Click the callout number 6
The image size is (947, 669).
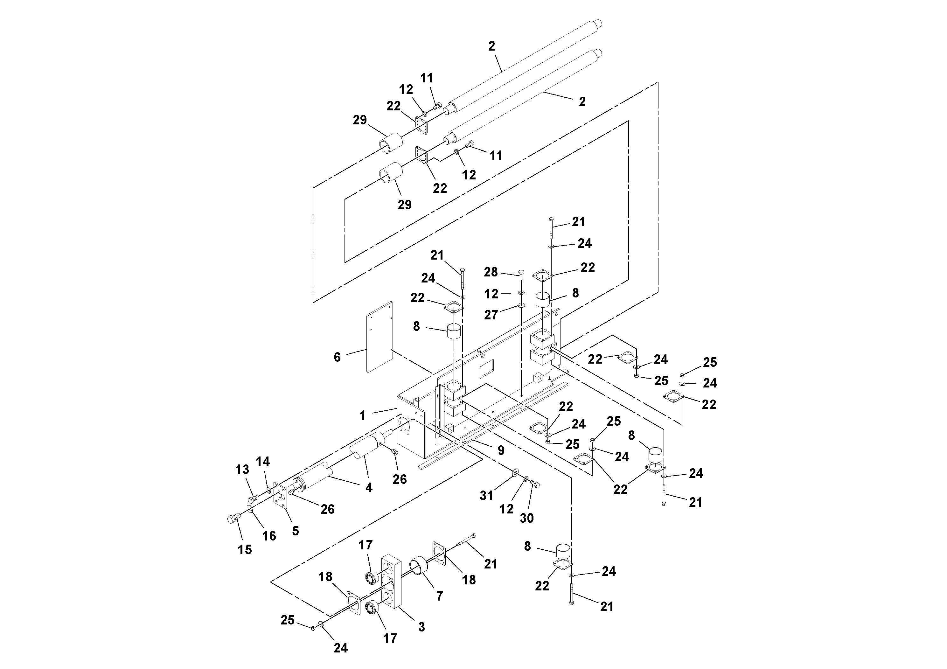pyautogui.click(x=337, y=357)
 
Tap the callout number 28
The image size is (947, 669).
pyautogui.click(x=491, y=272)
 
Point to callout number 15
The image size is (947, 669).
pyautogui.click(x=245, y=549)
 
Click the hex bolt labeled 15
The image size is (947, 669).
pyautogui.click(x=232, y=519)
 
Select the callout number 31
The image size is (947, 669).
pyautogui.click(x=486, y=495)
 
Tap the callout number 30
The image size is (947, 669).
pyautogui.click(x=527, y=518)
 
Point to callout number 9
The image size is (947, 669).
pyautogui.click(x=501, y=450)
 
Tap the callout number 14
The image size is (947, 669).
pyautogui.click(x=263, y=461)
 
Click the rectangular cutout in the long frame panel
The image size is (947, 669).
pyautogui.click(x=487, y=368)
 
